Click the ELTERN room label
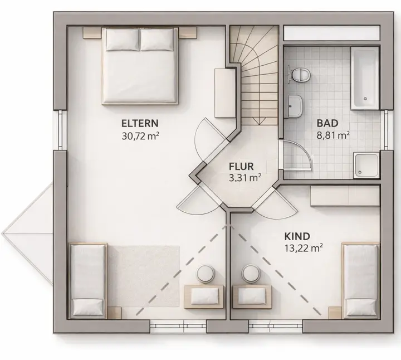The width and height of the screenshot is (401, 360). tap(140, 123)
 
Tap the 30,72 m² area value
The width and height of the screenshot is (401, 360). tap(140, 136)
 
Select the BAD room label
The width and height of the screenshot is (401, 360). tap(327, 123)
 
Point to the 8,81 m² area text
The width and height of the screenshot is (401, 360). tap(333, 135)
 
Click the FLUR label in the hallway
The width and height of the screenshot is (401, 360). tap(241, 167)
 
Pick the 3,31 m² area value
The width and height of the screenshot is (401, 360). tap(245, 178)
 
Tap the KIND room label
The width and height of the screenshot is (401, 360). tap(297, 236)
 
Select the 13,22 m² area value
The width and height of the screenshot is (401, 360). tap(304, 247)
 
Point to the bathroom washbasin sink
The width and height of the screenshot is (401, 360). tap(295, 106)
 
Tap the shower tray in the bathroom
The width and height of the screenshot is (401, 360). tap(366, 166)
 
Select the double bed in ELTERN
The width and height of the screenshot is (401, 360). tap(140, 66)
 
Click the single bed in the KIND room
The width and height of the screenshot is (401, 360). tap(360, 281)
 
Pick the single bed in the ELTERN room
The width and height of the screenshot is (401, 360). tap(88, 281)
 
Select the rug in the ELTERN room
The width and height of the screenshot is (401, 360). tap(144, 276)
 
